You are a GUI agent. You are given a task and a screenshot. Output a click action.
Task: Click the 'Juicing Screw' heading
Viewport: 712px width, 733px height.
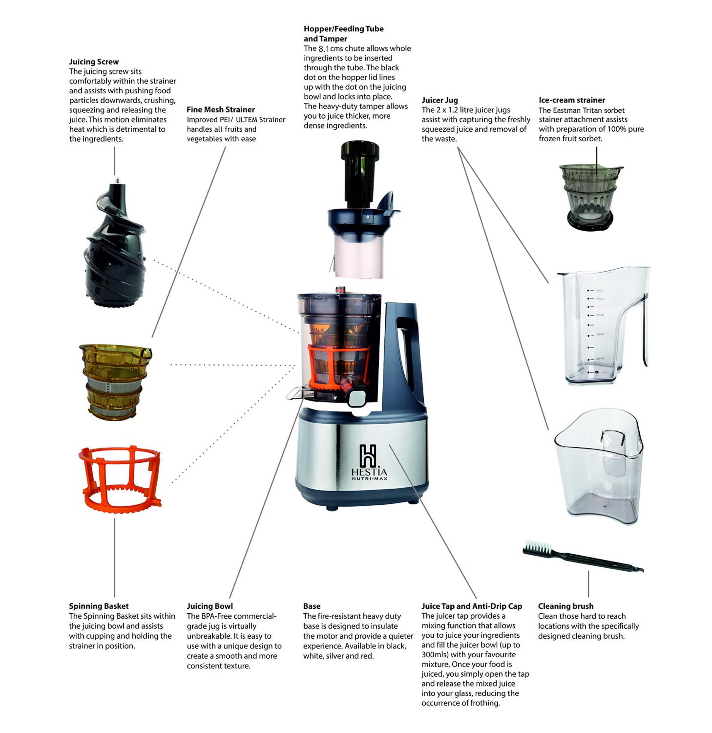[x=94, y=62]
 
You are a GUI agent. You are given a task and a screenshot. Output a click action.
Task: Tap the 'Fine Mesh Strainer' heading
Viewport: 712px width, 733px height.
[x=221, y=110]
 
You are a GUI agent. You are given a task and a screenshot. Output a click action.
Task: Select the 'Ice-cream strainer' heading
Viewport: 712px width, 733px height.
[x=572, y=100]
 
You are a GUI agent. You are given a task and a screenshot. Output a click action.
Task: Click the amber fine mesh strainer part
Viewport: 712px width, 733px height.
[x=115, y=382]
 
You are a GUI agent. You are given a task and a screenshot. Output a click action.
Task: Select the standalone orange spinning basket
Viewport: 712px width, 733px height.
[x=120, y=479]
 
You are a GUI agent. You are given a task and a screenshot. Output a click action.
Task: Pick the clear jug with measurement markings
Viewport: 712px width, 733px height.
[x=603, y=325]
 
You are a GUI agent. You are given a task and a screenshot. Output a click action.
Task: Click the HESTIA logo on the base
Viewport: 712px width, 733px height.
[x=369, y=462]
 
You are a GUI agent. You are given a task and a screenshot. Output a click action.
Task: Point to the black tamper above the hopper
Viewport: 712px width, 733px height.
[x=360, y=174]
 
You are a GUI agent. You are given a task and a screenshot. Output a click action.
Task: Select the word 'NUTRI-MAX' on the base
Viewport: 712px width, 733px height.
[x=369, y=478]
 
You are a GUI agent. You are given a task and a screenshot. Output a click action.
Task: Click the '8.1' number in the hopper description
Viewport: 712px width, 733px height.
[x=323, y=49]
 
